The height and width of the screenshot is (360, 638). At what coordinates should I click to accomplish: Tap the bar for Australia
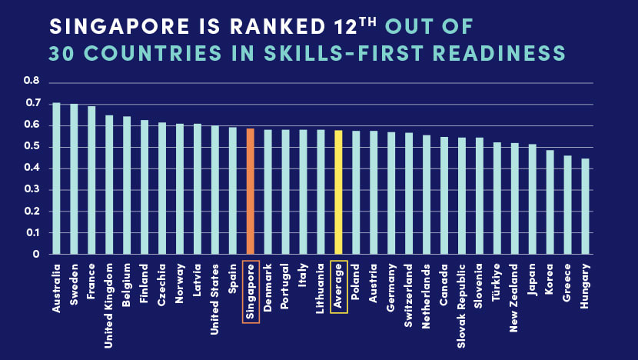pos(56,178)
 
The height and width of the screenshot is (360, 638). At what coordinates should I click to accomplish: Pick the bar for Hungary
pos(585,206)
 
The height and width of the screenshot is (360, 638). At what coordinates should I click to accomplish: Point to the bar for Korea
pos(550,202)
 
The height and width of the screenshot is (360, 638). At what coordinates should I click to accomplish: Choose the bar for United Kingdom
pos(109,185)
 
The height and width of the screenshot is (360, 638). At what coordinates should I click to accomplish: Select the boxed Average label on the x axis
pos(338,286)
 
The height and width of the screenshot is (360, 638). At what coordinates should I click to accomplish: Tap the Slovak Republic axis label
pos(462,297)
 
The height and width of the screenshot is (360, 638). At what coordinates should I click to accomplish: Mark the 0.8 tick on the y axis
pos(31,81)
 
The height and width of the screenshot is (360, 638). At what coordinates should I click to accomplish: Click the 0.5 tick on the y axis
pos(31,146)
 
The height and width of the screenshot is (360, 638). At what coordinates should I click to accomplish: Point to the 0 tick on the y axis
pos(35,254)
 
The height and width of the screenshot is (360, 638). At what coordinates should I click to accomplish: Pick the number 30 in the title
pos(61,54)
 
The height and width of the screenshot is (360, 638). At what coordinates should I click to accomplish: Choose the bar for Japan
pos(532,198)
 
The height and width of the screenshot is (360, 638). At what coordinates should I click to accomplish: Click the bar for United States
pos(214,189)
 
